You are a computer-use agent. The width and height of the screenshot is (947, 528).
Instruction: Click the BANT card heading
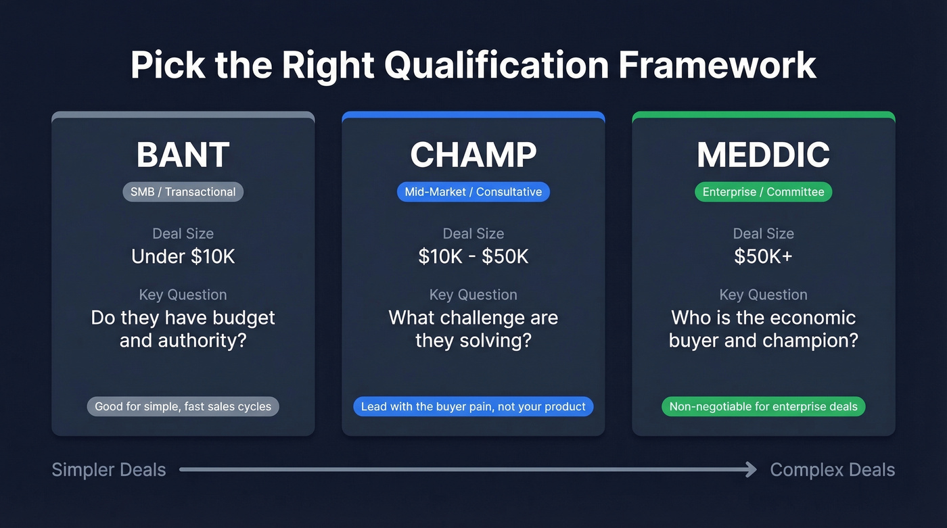(x=183, y=155)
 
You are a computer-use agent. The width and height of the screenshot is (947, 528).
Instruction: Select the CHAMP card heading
(x=473, y=155)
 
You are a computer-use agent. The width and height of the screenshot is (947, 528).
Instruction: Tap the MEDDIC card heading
(x=763, y=155)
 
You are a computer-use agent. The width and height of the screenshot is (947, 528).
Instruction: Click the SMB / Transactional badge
(x=183, y=192)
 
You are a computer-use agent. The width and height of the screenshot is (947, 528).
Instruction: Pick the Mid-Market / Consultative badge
(x=473, y=192)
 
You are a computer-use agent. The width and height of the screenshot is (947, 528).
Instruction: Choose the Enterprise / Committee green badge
(x=763, y=192)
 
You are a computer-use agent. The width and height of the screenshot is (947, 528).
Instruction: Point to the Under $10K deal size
(x=183, y=257)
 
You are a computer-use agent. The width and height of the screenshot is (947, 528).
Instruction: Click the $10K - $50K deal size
(x=473, y=257)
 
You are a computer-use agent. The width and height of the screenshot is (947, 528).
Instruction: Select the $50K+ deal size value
(x=763, y=257)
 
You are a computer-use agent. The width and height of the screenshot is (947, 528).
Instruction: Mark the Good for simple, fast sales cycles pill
(x=183, y=406)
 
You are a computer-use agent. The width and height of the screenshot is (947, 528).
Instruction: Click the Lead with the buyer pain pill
(x=473, y=406)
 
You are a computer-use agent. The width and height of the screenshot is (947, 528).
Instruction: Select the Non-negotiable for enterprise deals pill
(x=763, y=406)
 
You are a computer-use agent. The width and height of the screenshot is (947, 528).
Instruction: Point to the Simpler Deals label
(x=109, y=470)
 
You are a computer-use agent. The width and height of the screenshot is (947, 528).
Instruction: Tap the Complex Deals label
(x=832, y=470)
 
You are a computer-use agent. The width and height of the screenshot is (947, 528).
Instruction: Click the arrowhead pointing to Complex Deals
(x=751, y=469)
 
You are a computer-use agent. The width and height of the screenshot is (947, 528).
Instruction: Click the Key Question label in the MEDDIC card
(x=763, y=295)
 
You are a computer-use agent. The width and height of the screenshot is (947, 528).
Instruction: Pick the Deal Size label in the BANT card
(x=183, y=234)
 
